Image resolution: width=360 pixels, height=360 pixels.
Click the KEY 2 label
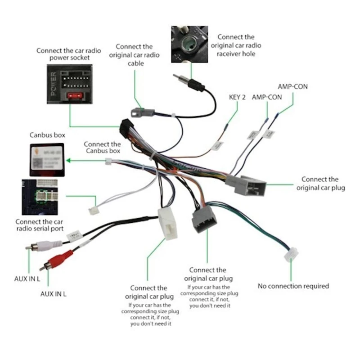click(x=238, y=97)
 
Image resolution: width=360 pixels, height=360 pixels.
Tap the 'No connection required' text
click(x=293, y=286)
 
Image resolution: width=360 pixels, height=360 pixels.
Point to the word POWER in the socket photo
click(x=53, y=84)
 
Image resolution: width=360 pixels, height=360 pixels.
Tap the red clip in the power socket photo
click(x=74, y=95)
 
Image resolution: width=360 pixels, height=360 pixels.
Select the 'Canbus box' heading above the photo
click(x=47, y=135)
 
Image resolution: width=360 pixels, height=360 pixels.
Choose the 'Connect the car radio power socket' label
click(x=69, y=54)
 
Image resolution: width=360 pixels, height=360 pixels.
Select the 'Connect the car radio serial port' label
click(x=39, y=225)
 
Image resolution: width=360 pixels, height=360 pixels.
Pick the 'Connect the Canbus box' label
click(x=102, y=148)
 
